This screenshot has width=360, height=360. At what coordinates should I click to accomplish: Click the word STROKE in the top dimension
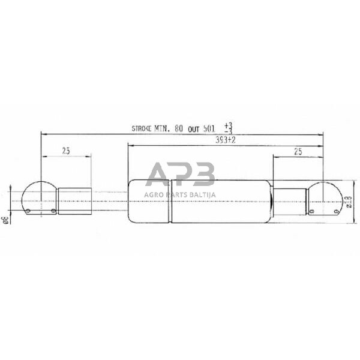141,128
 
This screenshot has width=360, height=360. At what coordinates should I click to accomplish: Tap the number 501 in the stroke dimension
208,128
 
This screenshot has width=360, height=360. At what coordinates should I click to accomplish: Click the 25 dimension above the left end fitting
66,151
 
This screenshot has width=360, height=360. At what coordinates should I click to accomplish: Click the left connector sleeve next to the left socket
74,200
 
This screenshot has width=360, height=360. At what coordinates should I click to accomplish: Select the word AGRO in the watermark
154,194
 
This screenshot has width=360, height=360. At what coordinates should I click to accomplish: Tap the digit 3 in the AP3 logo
203,175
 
